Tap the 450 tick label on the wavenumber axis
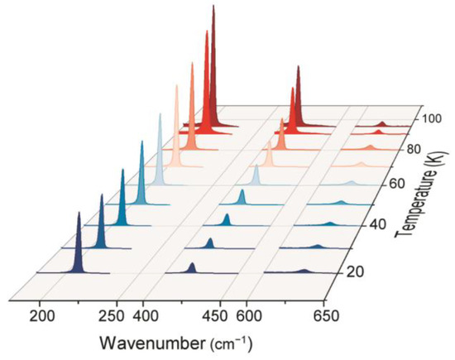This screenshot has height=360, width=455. [x=223, y=314]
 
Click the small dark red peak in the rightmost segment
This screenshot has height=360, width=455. [x=381, y=124]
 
